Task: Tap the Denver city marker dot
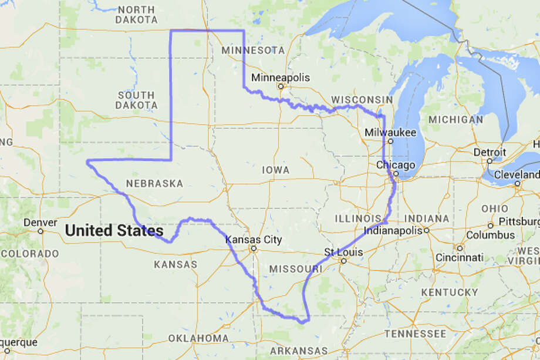tap(41, 231)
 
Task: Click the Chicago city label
tap(396, 164)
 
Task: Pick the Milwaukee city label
tap(390, 133)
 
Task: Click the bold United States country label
tap(114, 231)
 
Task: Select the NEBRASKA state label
tap(154, 184)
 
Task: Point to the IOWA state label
tap(275, 170)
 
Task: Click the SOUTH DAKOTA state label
tap(136, 100)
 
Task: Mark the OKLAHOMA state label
tap(198, 338)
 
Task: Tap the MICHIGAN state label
tap(455, 119)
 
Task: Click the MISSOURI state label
tap(296, 268)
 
